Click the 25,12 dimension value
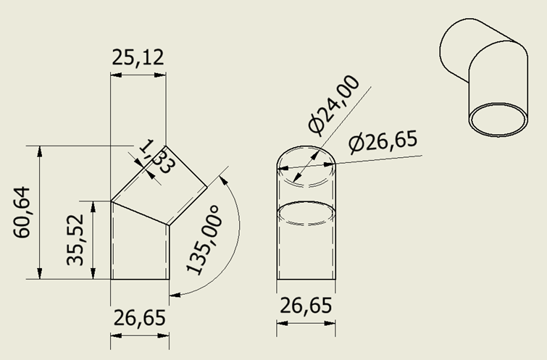tap(138, 57)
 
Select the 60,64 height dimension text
tap(22, 212)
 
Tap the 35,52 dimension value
tap(75, 240)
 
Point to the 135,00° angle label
tap(204, 240)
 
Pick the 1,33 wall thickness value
tap(156, 156)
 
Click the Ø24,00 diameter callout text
tap(333, 104)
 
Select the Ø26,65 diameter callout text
tap(383, 141)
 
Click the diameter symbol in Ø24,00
tap(317, 125)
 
